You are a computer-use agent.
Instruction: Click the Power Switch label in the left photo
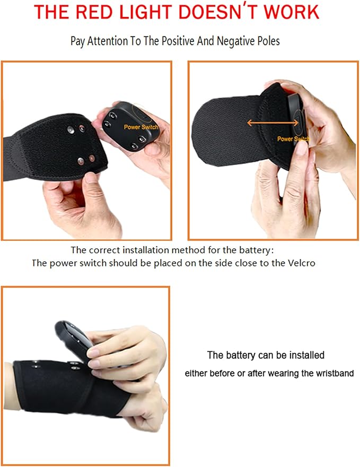point(141,127)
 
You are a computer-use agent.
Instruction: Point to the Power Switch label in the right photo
point(293,139)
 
